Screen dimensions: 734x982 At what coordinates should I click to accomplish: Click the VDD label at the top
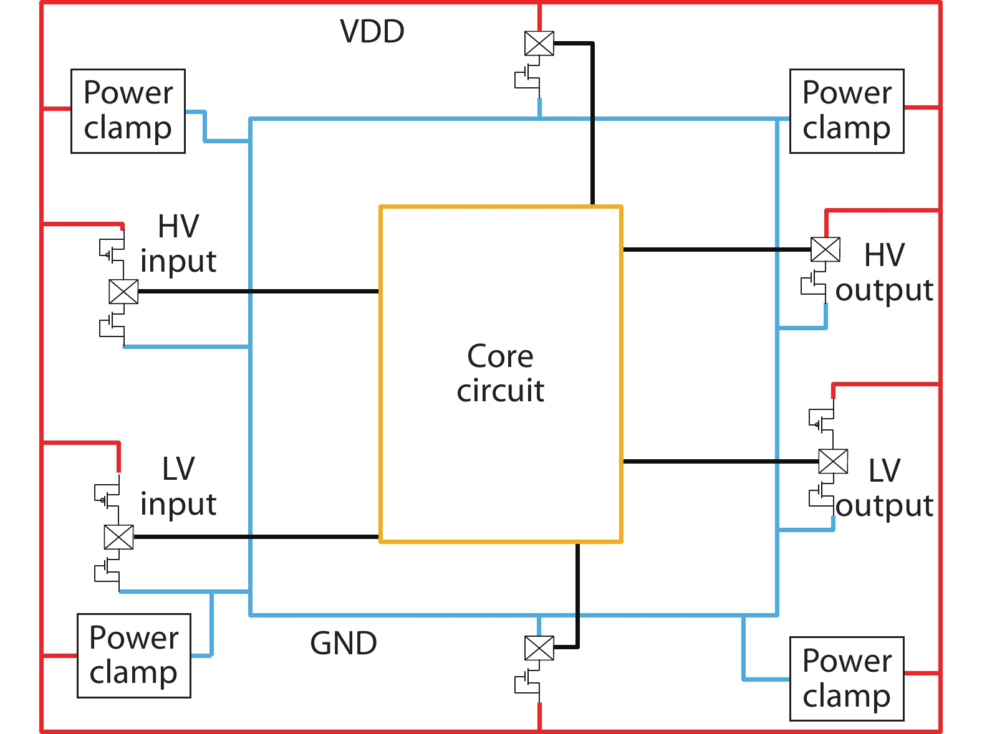[372, 31]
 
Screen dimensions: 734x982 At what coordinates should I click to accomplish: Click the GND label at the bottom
[344, 643]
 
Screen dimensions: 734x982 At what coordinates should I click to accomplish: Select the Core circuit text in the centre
[501, 373]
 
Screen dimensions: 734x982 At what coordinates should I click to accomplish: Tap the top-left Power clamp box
[128, 111]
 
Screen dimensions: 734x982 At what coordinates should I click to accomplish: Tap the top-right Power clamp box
[846, 111]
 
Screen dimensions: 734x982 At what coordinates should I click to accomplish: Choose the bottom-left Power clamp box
[133, 655]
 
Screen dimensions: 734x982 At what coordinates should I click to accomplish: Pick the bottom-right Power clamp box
[846, 679]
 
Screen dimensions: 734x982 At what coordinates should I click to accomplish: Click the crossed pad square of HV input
[123, 292]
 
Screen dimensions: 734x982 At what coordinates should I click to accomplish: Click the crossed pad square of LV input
[118, 536]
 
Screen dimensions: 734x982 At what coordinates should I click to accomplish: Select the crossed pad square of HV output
[825, 250]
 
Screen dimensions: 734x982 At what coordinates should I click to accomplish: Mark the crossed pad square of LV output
[833, 462]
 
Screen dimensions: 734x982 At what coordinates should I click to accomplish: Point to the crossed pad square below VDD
[539, 44]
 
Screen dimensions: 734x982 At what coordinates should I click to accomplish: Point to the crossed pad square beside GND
[539, 648]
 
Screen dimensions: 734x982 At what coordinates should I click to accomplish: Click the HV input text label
[178, 244]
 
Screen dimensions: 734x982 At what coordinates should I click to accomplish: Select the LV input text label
[178, 487]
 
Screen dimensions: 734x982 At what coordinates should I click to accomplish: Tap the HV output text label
[884, 272]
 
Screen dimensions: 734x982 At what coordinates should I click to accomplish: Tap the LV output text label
[884, 488]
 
